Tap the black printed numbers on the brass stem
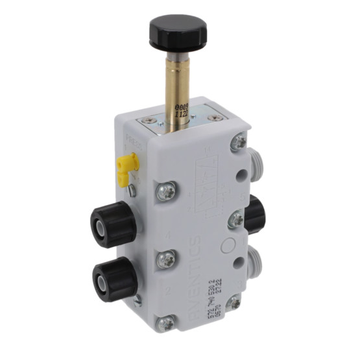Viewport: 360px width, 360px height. click(x=183, y=108)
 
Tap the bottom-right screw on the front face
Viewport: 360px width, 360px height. click(x=234, y=302)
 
